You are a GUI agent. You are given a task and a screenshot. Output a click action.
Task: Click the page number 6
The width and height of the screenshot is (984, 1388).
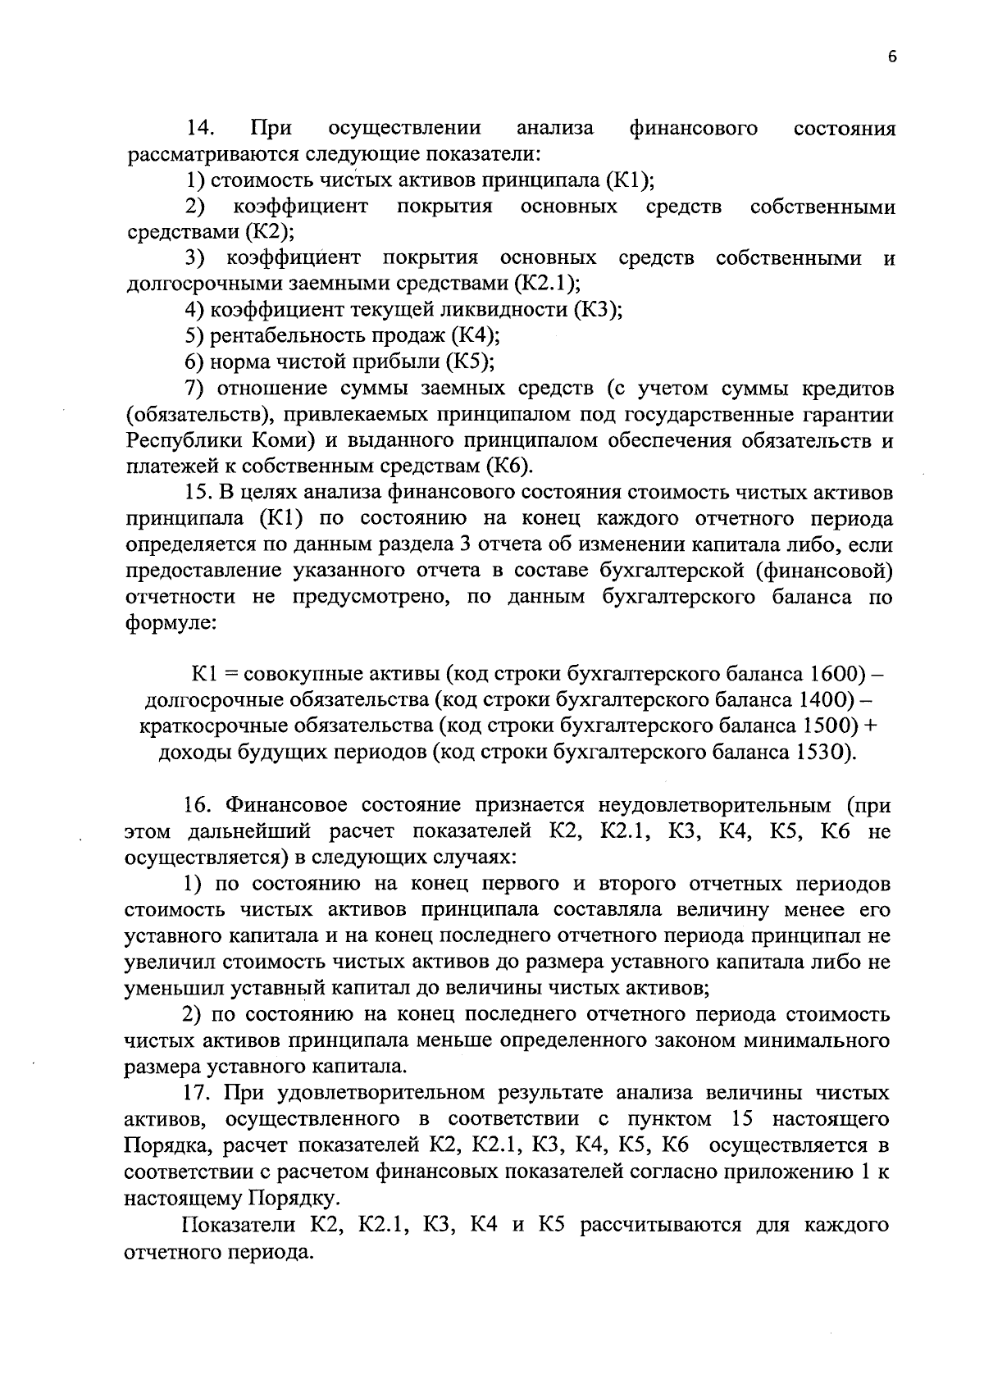point(892,57)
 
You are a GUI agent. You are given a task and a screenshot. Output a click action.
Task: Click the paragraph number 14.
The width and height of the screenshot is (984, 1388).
point(201,129)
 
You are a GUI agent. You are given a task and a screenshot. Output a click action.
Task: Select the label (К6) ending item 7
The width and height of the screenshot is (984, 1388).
point(508,466)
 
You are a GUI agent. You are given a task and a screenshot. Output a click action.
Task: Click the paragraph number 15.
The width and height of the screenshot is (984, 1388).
point(201,493)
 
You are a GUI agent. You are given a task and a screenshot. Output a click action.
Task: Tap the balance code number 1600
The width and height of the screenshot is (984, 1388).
point(836,674)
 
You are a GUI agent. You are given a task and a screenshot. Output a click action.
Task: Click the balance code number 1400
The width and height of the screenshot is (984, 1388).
point(822,700)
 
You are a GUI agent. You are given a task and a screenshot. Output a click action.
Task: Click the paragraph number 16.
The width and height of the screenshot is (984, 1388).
point(201,805)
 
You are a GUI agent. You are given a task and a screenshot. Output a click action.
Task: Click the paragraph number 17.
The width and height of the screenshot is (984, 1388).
point(201,1093)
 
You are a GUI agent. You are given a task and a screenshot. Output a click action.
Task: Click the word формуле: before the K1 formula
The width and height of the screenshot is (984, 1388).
point(170,623)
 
